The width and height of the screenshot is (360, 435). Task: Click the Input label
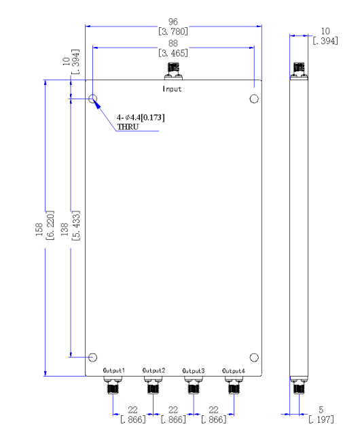point(172,89)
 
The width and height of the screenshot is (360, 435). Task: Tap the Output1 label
point(113,370)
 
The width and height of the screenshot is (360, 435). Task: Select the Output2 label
point(154,370)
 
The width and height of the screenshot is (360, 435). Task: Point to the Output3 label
point(194,370)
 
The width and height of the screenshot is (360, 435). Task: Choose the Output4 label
point(234,370)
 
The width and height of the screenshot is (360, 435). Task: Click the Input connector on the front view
point(173,71)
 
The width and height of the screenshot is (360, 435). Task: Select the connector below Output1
point(113,385)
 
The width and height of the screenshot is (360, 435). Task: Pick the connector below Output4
point(234,385)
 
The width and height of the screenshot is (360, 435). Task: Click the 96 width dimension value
point(173,22)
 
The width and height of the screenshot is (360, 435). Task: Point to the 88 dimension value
point(173,43)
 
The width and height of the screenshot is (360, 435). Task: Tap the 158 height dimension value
point(39,229)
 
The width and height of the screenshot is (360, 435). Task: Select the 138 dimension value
point(65,229)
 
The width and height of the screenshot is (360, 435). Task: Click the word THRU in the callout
point(128,127)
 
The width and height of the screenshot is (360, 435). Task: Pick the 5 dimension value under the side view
point(321,409)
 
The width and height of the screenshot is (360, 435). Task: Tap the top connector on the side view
point(299,71)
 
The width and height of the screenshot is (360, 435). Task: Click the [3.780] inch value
point(173,31)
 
